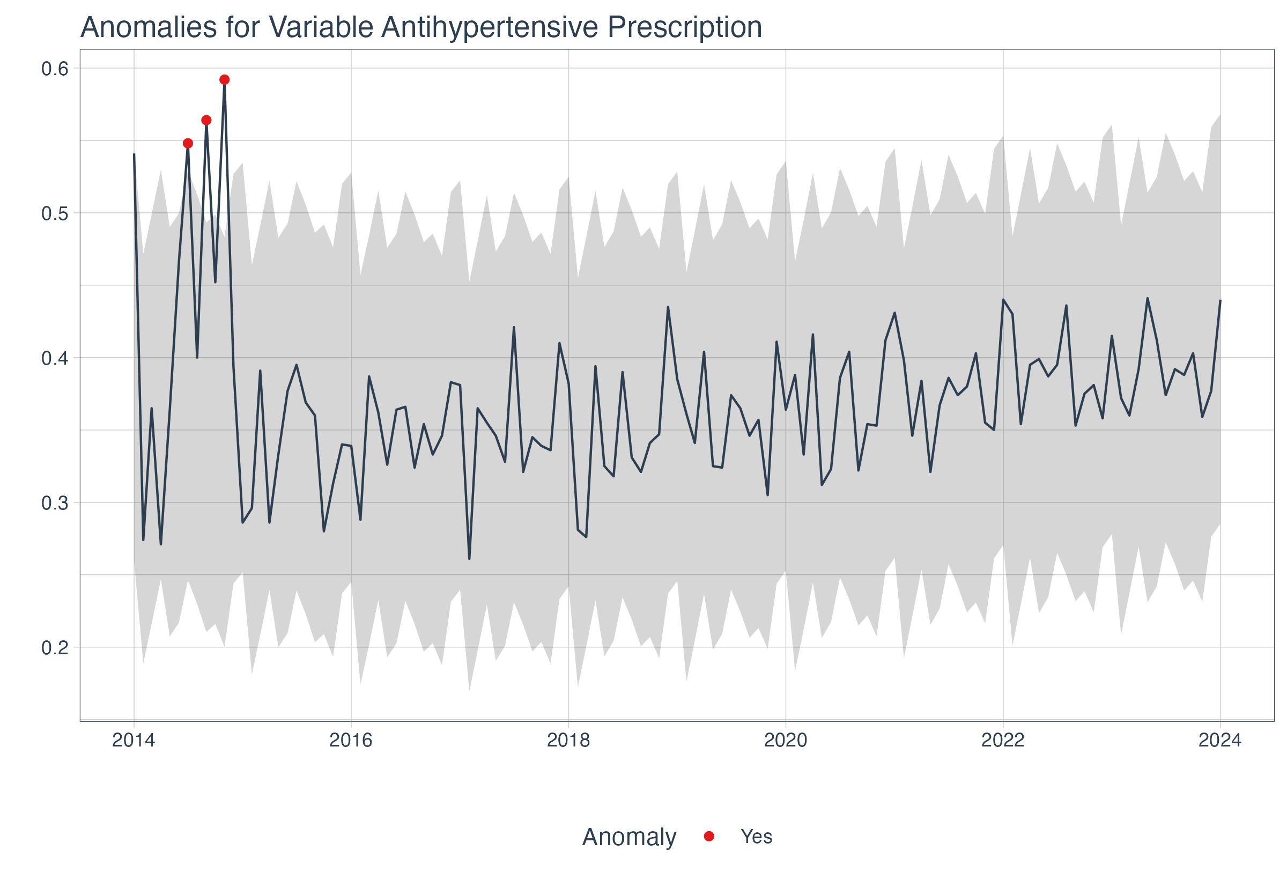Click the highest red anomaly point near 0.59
click(224, 80)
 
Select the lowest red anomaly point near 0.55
click(188, 143)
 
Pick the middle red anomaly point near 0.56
click(206, 120)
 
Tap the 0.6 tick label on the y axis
click(55, 69)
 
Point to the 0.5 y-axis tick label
click(55, 213)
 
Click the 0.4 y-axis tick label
click(55, 358)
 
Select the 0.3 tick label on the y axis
click(55, 503)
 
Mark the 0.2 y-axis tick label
click(55, 647)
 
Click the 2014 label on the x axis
click(134, 740)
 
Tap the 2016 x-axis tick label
click(351, 740)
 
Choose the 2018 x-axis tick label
click(568, 740)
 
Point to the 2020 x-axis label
click(786, 740)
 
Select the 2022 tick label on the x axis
click(1003, 740)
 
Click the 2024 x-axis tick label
click(1220, 740)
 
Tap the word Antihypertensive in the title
click(489, 28)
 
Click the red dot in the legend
click(709, 836)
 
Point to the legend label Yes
click(757, 836)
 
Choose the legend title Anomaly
click(629, 837)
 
